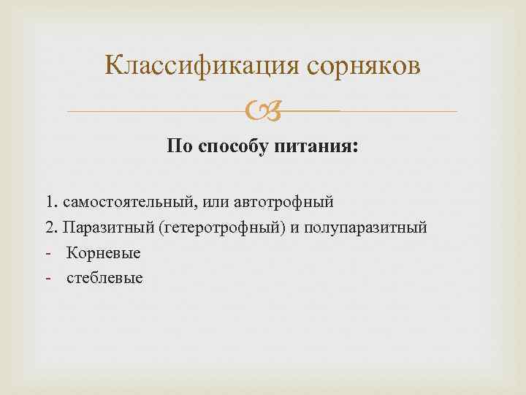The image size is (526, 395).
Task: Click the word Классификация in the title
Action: tap(197, 66)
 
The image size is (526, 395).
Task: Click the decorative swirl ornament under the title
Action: tap(262, 112)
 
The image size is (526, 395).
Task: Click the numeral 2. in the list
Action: tap(50, 227)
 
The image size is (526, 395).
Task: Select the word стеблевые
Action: tap(105, 279)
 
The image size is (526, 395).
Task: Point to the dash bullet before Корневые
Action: tap(47, 254)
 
